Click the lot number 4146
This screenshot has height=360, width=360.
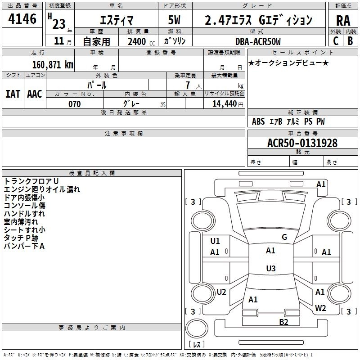[22, 19]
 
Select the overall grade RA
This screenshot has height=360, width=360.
[343, 21]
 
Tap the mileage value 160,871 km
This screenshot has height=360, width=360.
[53, 64]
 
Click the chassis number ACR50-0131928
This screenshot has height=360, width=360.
[302, 143]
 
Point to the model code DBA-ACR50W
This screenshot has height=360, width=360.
[258, 41]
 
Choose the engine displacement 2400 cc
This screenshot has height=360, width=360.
[141, 41]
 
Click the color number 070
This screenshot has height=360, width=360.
[75, 104]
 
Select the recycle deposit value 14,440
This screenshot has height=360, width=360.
[225, 104]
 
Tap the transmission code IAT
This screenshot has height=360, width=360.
[13, 94]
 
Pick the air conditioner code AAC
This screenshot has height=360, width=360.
[35, 94]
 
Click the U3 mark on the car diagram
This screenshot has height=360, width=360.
[271, 268]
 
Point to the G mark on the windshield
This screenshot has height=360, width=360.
[284, 237]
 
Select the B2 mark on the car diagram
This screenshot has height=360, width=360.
[283, 322]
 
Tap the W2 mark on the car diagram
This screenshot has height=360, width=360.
[320, 308]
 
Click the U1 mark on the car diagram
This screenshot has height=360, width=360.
[215, 241]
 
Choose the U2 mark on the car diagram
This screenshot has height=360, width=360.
[221, 292]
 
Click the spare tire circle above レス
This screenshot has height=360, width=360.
[197, 328]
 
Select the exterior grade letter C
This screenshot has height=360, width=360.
[336, 41]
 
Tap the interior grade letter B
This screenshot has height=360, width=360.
[350, 41]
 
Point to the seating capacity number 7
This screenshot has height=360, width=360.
[188, 85]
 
